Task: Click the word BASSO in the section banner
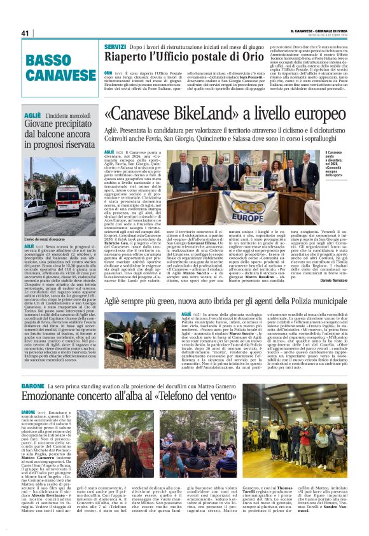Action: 49,60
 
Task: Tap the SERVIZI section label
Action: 115,47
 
